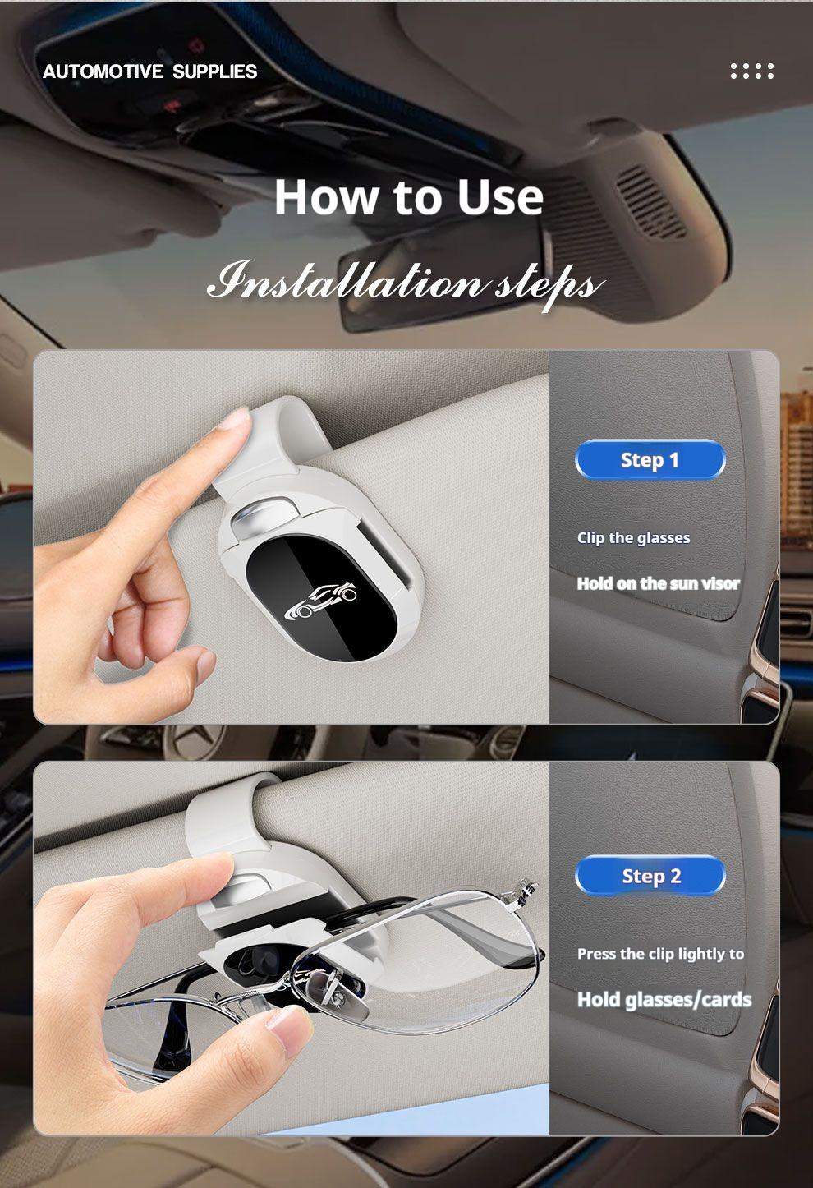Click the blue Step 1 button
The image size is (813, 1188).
pyautogui.click(x=650, y=460)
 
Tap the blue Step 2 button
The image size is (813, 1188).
pyautogui.click(x=650, y=876)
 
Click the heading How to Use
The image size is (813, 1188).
pyautogui.click(x=409, y=197)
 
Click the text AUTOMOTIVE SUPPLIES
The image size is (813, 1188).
pyautogui.click(x=150, y=71)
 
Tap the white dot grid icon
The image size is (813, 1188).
pyautogui.click(x=752, y=71)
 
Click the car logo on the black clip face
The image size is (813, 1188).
pyautogui.click(x=320, y=601)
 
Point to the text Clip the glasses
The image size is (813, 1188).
pyautogui.click(x=634, y=538)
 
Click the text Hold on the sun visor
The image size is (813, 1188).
pyautogui.click(x=659, y=583)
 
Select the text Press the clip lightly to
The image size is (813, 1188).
pyautogui.click(x=661, y=954)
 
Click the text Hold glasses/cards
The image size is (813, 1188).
pyautogui.click(x=664, y=1000)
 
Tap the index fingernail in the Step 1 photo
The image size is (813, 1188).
pyautogui.click(x=235, y=418)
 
